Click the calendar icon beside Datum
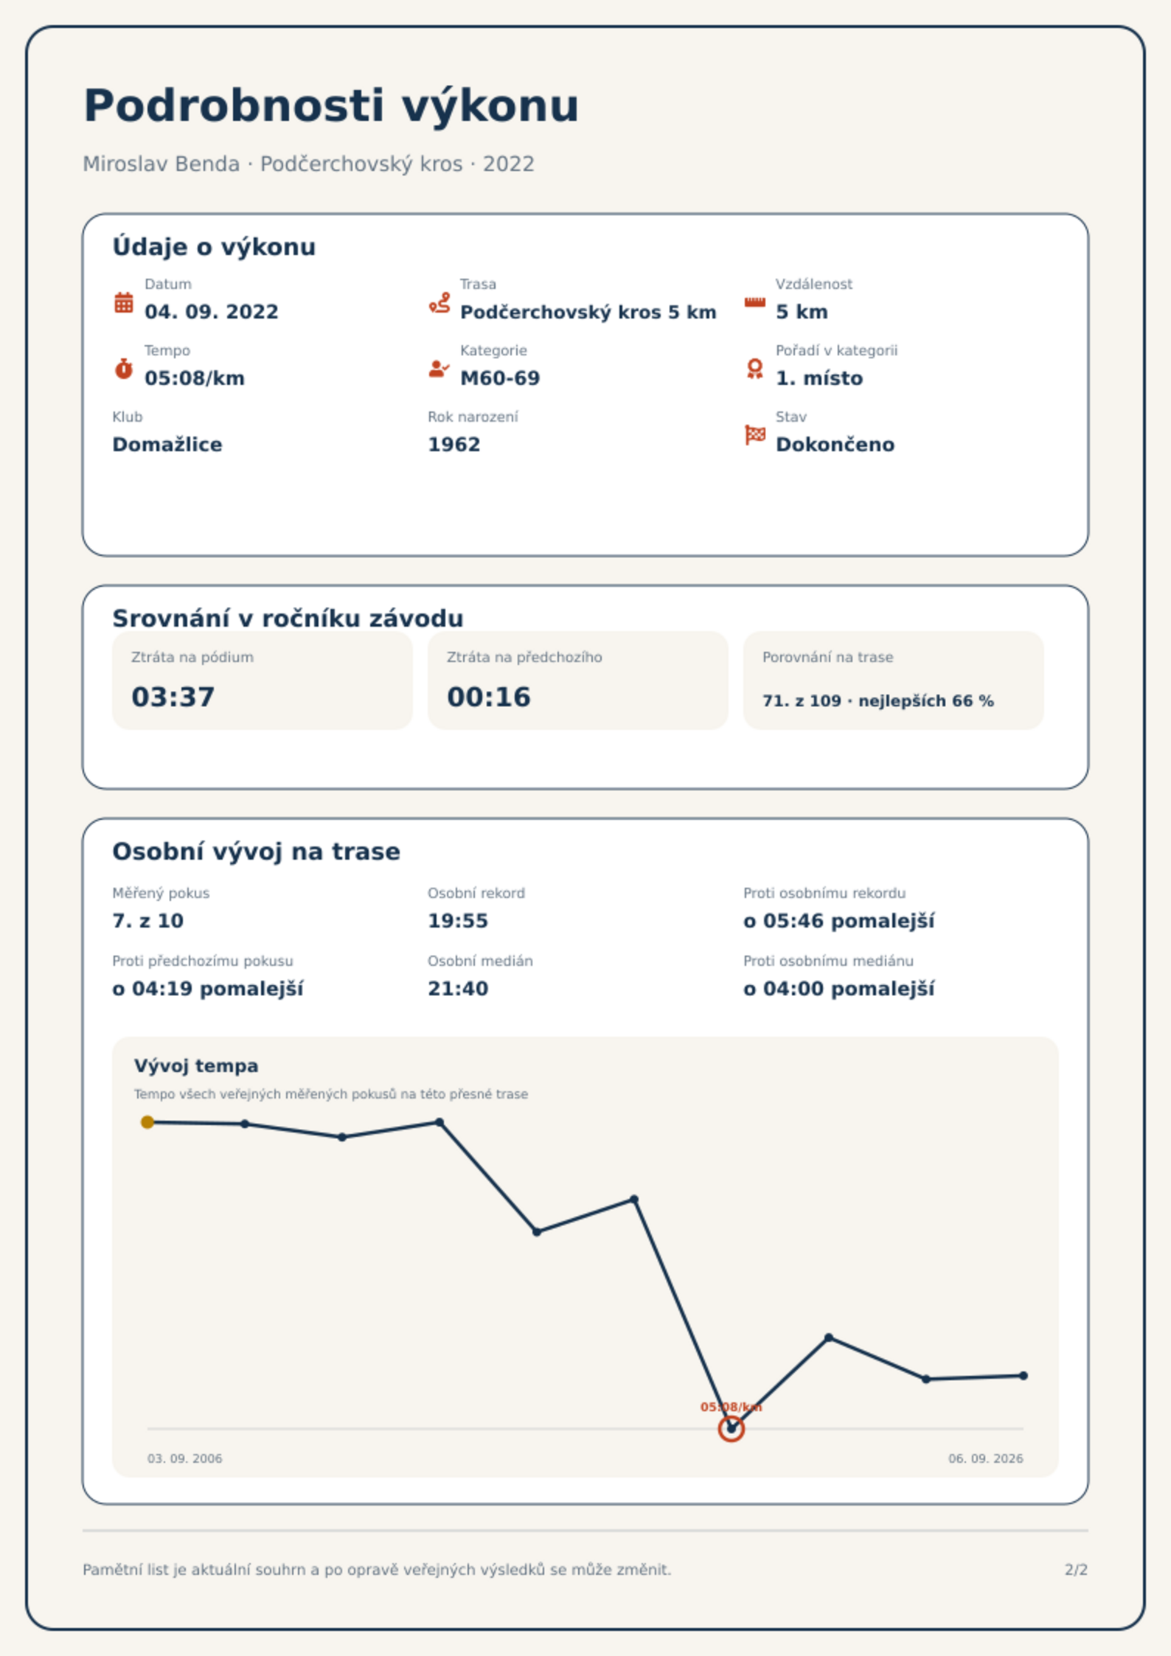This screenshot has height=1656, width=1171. (124, 302)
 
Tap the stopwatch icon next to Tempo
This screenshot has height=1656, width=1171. (124, 369)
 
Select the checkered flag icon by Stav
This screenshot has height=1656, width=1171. (755, 435)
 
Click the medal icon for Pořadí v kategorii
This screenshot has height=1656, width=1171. (755, 369)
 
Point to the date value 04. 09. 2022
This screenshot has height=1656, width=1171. (212, 312)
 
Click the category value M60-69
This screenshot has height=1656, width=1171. (500, 378)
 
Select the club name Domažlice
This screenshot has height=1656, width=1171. (167, 445)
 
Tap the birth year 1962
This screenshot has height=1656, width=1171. (454, 445)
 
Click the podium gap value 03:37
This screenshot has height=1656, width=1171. (173, 697)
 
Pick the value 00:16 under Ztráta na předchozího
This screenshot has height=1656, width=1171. (489, 697)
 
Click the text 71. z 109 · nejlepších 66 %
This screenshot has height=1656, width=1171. (878, 701)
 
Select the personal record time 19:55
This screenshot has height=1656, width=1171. (458, 921)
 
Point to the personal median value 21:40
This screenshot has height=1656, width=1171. (458, 989)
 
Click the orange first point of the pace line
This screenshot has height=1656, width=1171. (147, 1122)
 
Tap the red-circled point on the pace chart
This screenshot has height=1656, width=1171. (732, 1429)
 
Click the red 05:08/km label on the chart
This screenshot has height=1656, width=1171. (732, 1407)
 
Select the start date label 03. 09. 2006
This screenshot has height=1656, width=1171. (185, 1458)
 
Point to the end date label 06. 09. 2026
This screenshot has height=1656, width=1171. (986, 1458)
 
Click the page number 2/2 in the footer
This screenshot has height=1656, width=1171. (1077, 1570)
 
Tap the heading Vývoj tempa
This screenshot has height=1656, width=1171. (196, 1066)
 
